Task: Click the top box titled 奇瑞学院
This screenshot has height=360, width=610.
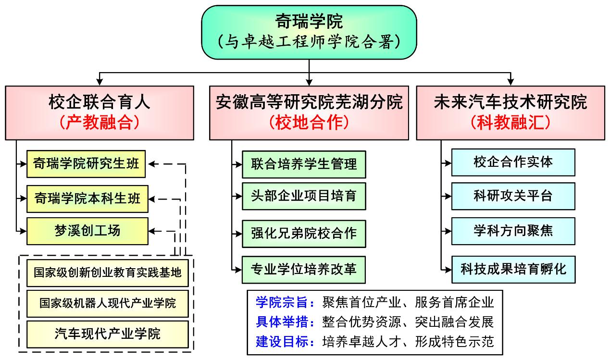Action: click(x=309, y=32)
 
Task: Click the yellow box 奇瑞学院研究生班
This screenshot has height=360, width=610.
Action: click(x=87, y=164)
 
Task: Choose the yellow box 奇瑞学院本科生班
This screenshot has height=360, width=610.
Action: click(x=87, y=198)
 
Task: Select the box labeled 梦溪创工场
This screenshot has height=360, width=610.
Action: click(x=87, y=231)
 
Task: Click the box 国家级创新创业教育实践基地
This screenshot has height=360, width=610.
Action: click(x=108, y=273)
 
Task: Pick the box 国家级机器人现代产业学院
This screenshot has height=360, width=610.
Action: click(x=108, y=303)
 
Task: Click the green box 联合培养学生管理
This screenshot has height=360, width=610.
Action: click(x=304, y=164)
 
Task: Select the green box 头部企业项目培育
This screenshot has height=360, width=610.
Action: click(x=304, y=196)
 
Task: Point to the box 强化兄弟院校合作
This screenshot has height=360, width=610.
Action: click(x=304, y=233)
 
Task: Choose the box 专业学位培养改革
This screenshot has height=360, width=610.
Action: click(x=304, y=269)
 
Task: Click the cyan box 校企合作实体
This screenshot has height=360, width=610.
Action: click(x=513, y=162)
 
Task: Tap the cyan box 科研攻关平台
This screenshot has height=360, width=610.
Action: click(x=513, y=196)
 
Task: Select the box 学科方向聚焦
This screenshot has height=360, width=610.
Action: click(x=513, y=231)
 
